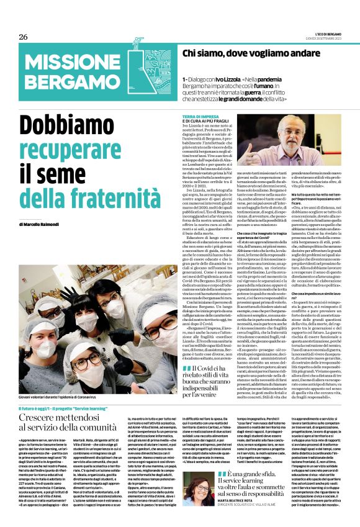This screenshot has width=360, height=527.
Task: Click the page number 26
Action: point(23,37)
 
